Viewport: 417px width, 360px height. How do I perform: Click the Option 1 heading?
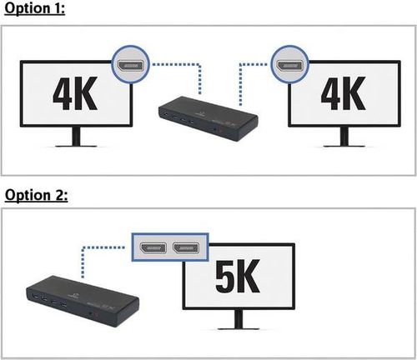pyautogui.click(x=35, y=8)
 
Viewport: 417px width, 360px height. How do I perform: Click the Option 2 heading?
pyautogui.click(x=36, y=195)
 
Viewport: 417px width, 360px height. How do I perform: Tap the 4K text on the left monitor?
pyautogui.click(x=75, y=93)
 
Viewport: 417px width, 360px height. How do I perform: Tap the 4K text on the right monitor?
pyautogui.click(x=343, y=93)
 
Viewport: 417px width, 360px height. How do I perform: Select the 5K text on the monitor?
pyautogui.click(x=238, y=276)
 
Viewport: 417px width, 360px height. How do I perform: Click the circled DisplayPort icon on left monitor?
pyautogui.click(x=130, y=64)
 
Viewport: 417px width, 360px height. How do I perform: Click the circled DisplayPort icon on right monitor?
pyautogui.click(x=290, y=64)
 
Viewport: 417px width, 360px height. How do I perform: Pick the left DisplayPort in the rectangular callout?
pyautogui.click(x=153, y=247)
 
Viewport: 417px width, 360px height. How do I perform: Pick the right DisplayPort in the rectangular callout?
pyautogui.click(x=186, y=247)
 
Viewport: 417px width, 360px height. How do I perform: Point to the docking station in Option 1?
pyautogui.click(x=208, y=118)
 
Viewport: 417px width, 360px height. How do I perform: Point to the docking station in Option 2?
pyautogui.click(x=83, y=301)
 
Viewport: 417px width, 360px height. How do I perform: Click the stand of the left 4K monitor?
pyautogui.click(x=76, y=137)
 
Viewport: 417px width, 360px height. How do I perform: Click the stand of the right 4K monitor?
pyautogui.click(x=344, y=137)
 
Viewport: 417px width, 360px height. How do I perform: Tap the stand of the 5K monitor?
pyautogui.click(x=239, y=319)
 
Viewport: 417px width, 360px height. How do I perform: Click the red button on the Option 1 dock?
pyautogui.click(x=221, y=130)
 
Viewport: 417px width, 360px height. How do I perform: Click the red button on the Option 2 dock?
pyautogui.click(x=97, y=316)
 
